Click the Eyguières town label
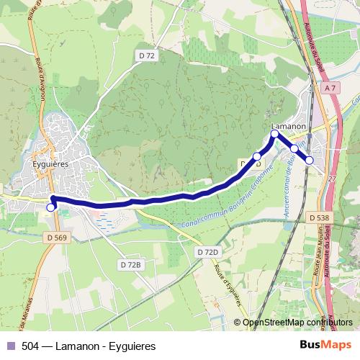click(50, 163)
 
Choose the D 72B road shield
click(131, 265)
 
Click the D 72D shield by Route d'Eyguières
click(207, 252)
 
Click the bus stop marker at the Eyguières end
click(50, 207)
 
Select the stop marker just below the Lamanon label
click(274, 134)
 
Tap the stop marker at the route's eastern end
click(310, 160)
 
